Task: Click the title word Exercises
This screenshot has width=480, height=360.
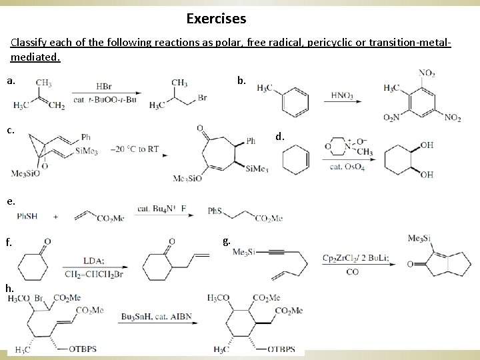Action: point(216,18)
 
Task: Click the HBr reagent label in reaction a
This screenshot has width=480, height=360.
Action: point(104,87)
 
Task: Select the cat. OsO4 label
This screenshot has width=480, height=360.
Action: point(347,167)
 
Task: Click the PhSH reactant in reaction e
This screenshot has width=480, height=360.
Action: point(28,216)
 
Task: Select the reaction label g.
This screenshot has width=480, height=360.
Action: point(227,241)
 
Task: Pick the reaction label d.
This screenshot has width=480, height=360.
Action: point(281,137)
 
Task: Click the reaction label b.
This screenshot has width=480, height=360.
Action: point(241,81)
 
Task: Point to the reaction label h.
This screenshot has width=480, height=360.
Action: point(9,287)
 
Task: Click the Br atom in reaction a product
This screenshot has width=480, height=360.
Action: point(202,97)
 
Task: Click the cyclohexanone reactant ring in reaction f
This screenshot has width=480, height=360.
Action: point(33,260)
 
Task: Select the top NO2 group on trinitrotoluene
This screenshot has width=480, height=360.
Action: point(427,73)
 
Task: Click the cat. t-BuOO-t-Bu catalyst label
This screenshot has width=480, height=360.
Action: point(105,100)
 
